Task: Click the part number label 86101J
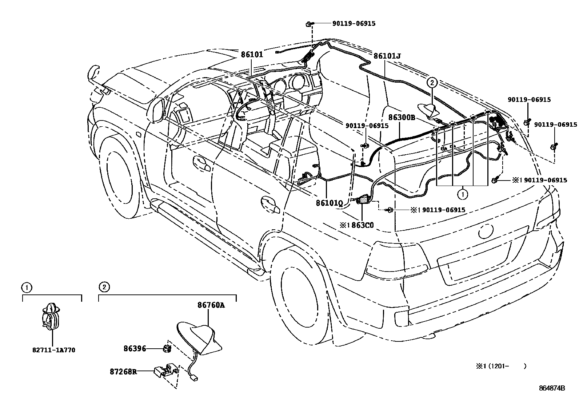pos(387,56)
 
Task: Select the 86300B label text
pos(402,118)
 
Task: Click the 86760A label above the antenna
pos(211,305)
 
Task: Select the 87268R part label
pos(123,372)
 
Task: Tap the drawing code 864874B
pos(552,388)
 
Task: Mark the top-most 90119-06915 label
pos(354,24)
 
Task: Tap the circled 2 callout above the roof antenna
pos(432,83)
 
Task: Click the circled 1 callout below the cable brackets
pos(463,195)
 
